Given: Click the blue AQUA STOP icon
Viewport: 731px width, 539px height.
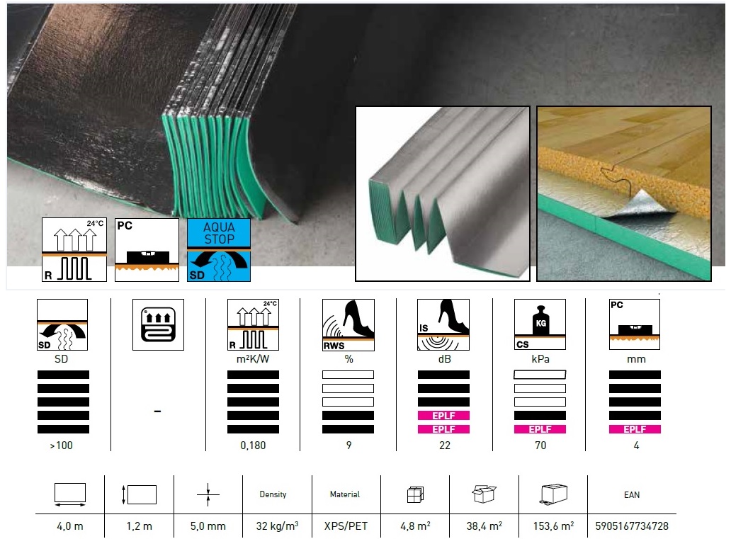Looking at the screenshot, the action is tap(219, 250).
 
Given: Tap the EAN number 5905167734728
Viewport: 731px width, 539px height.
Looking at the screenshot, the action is tap(632, 526).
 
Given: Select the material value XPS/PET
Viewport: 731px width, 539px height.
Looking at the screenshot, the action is tap(346, 526).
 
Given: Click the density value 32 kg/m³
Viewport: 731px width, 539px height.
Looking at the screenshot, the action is tap(277, 526).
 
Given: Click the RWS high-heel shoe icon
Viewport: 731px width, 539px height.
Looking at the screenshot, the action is tap(348, 325).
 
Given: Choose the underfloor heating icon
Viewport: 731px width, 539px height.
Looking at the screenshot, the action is tap(158, 324).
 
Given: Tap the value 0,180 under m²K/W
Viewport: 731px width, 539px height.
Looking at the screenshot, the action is tap(253, 446).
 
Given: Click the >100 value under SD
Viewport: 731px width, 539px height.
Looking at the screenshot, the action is tap(62, 446).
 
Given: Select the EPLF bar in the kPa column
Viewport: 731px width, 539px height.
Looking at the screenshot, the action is tap(540, 429).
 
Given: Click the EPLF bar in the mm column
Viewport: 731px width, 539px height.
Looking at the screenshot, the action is tap(635, 429).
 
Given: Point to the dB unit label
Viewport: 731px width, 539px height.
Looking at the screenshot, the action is tap(444, 359).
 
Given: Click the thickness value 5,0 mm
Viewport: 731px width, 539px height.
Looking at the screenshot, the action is tap(208, 526).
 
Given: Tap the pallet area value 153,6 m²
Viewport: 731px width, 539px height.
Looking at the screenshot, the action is tap(553, 526).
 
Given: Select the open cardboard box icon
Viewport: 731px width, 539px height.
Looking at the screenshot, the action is tap(484, 493).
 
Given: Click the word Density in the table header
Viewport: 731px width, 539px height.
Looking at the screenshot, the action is tap(273, 494).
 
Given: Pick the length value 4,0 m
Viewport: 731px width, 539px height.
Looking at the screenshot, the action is tap(70, 526).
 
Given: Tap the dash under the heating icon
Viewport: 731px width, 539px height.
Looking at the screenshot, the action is tap(157, 412).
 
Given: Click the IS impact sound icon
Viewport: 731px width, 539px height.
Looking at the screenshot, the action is tap(443, 324).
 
